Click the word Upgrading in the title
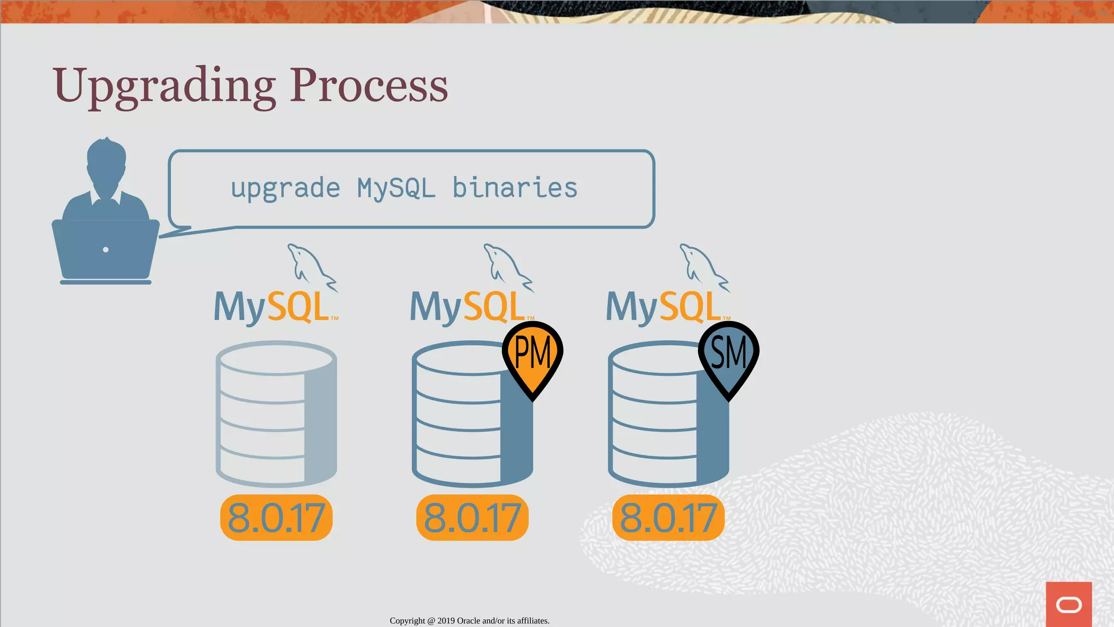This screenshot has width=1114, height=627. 164,86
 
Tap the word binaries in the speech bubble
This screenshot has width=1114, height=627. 515,188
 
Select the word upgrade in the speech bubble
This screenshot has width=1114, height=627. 286,189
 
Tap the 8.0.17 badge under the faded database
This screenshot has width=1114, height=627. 276,518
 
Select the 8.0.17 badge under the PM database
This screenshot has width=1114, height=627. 472,518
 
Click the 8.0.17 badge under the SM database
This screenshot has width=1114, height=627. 669,518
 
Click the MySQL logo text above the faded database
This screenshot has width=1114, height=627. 272,307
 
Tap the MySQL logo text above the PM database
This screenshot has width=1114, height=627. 468,307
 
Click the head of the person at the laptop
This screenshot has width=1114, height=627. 106,163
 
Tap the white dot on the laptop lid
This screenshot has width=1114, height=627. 106,250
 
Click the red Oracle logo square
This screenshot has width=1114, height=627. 1068,604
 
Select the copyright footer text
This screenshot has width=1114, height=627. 469,620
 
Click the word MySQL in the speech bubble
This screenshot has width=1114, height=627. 396,188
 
